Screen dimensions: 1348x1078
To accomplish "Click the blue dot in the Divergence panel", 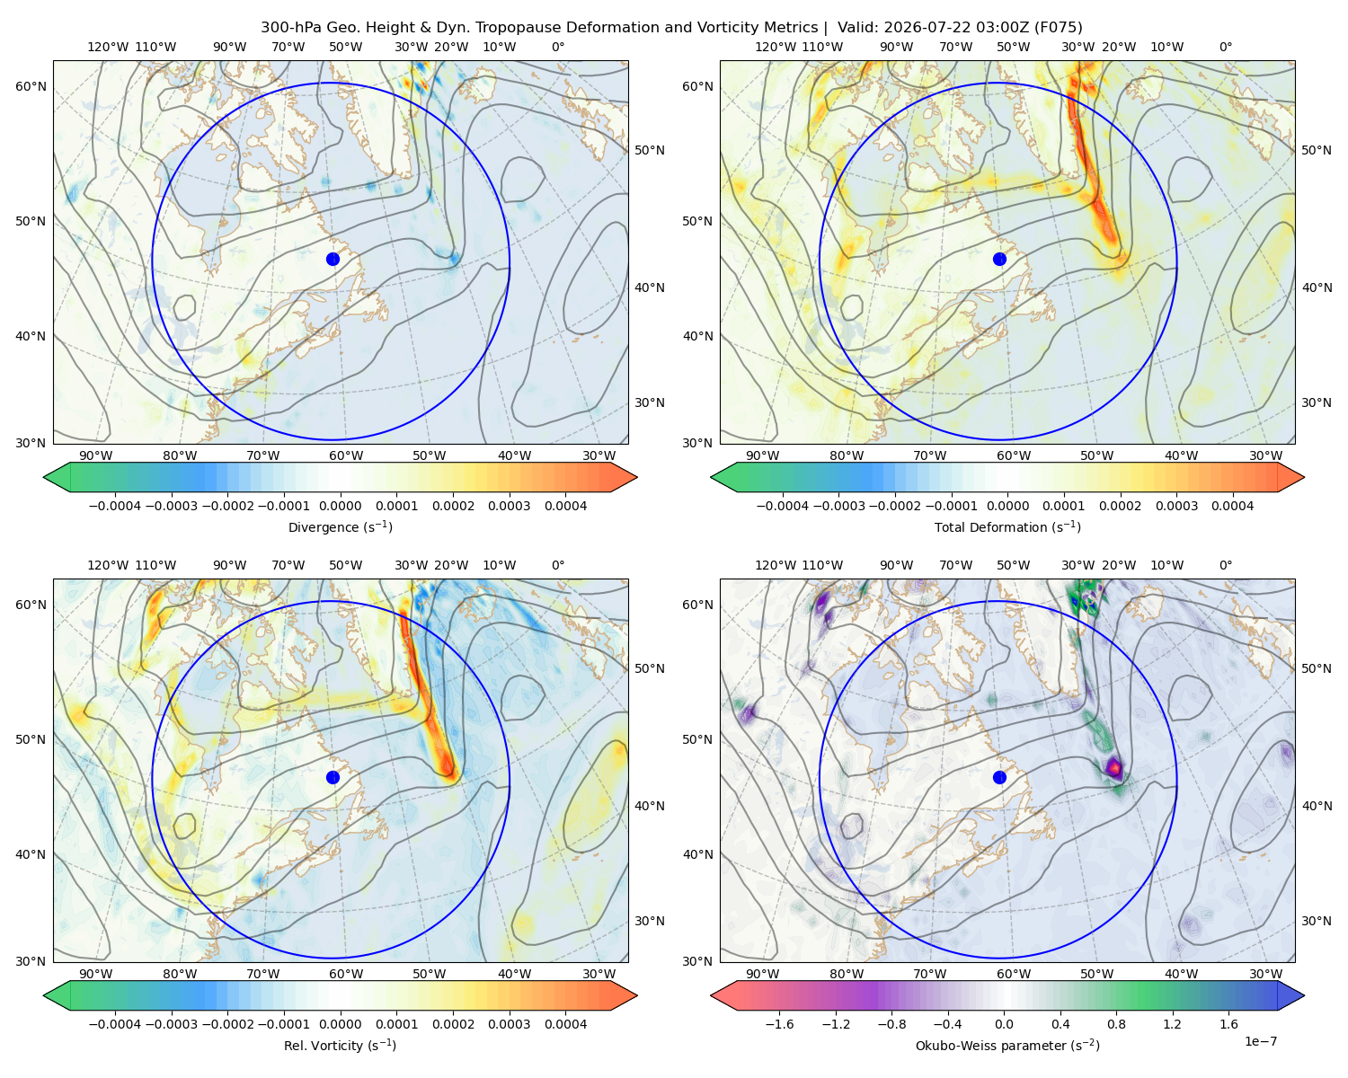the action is pyautogui.click(x=333, y=260).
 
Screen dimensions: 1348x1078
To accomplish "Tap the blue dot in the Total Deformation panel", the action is pyautogui.click(x=999, y=260).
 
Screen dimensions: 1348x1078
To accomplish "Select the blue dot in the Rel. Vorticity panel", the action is pyautogui.click(x=333, y=777).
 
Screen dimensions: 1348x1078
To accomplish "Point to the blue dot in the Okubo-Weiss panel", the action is pyautogui.click(x=999, y=777).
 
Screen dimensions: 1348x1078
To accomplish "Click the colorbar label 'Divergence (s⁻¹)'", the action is pyautogui.click(x=340, y=526).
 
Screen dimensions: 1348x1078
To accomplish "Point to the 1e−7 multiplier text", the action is pyautogui.click(x=1260, y=1041).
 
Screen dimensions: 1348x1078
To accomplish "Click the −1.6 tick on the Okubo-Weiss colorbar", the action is pyautogui.click(x=779, y=1024).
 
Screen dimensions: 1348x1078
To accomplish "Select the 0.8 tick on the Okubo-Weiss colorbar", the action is pyautogui.click(x=1116, y=1024).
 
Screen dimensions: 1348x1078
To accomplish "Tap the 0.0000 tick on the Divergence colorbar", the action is pyautogui.click(x=340, y=506).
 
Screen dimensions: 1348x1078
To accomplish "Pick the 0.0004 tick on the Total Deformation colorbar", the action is pyautogui.click(x=1232, y=506).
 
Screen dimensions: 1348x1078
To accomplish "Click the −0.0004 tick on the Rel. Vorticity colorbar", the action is pyautogui.click(x=115, y=1024).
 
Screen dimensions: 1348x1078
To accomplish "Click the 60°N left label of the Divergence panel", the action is pyautogui.click(x=31, y=86).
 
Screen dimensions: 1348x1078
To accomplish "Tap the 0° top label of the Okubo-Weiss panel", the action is pyautogui.click(x=1225, y=565).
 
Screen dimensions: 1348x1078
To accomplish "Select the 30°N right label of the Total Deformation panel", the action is pyautogui.click(x=1317, y=402).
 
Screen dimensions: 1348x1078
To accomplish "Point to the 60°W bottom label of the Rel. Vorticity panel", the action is pyautogui.click(x=346, y=974).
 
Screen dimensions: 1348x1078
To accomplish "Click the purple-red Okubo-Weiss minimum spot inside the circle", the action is pyautogui.click(x=1113, y=766).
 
